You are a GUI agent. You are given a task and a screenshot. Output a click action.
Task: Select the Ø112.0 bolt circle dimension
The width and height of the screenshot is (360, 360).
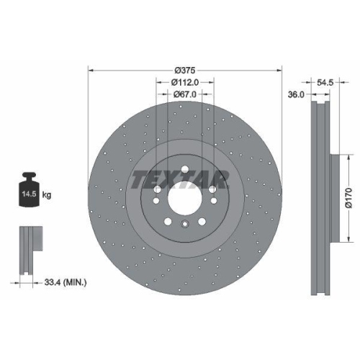pos(185,82)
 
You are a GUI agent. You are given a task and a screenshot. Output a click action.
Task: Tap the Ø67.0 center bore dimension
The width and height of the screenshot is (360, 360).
pos(185,95)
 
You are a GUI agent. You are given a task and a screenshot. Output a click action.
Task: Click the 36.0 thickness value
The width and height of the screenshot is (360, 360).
pos(295,94)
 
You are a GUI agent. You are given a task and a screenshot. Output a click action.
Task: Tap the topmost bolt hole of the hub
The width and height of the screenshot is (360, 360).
pos(184,170)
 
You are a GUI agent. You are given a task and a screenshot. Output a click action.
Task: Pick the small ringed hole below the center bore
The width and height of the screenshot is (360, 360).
pos(184,225)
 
